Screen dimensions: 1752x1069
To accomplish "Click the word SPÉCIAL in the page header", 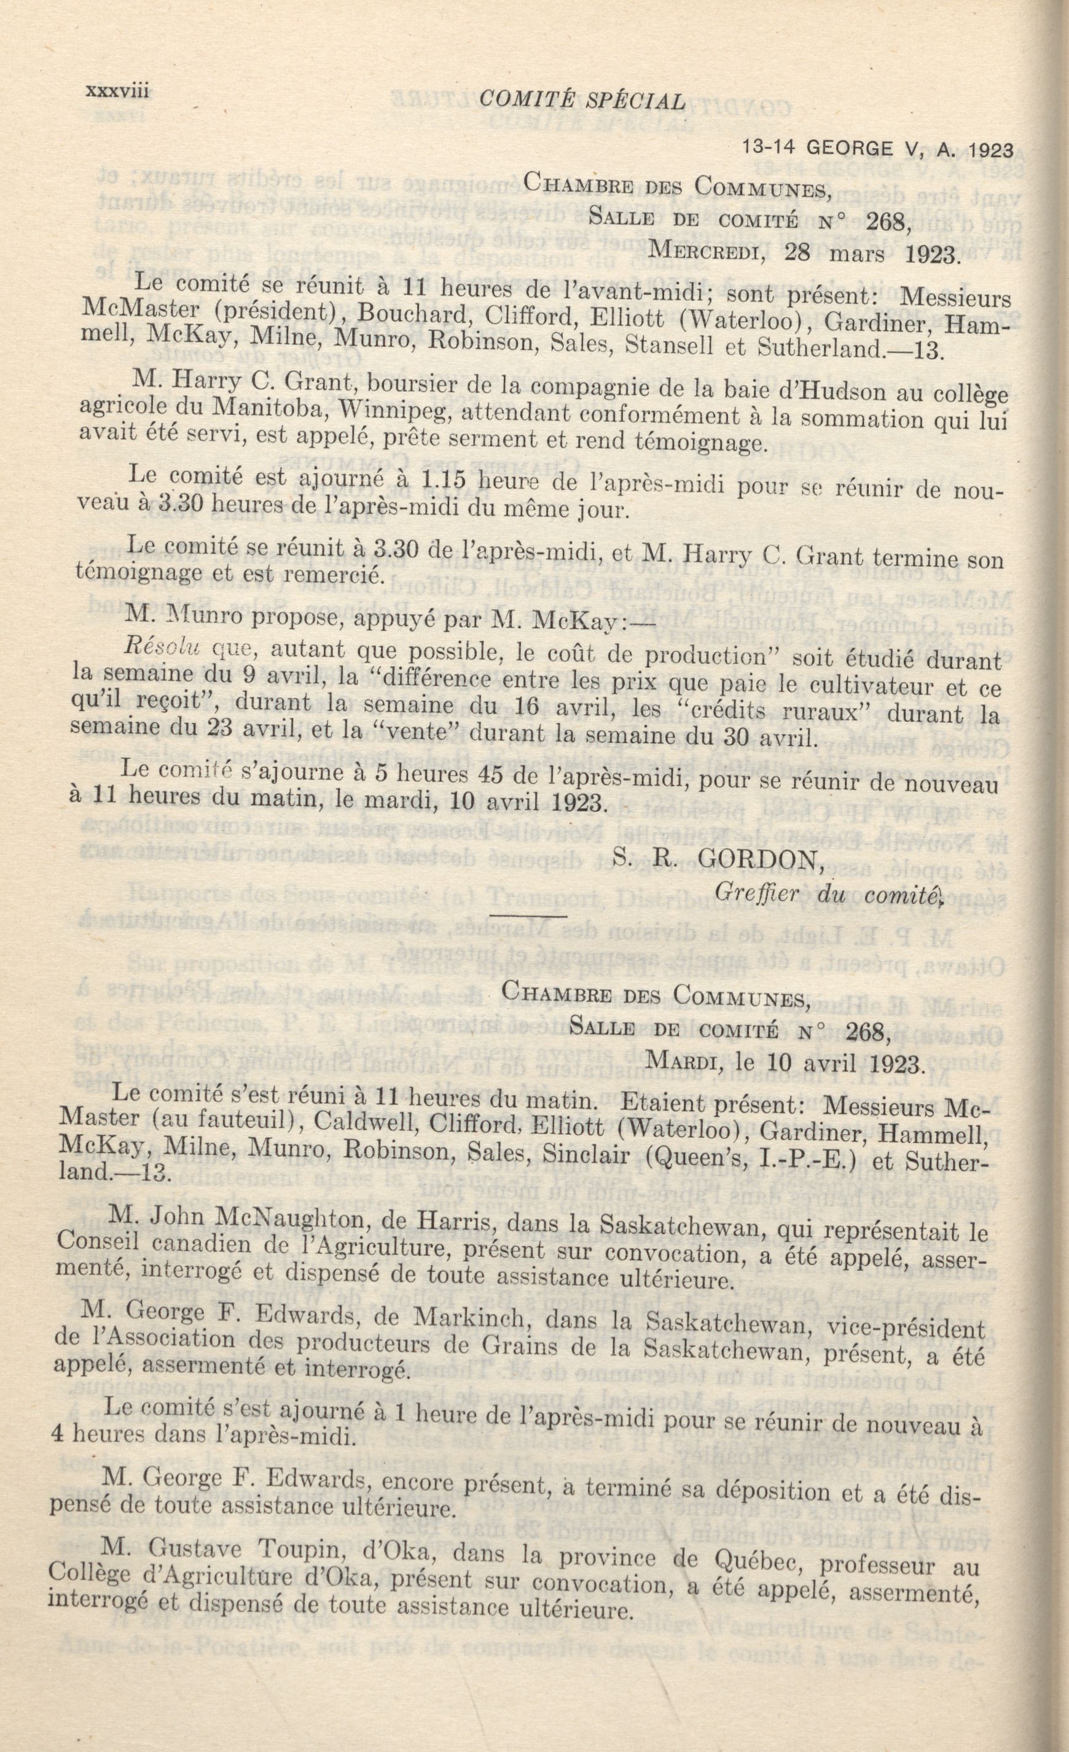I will pyautogui.click(x=635, y=102).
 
